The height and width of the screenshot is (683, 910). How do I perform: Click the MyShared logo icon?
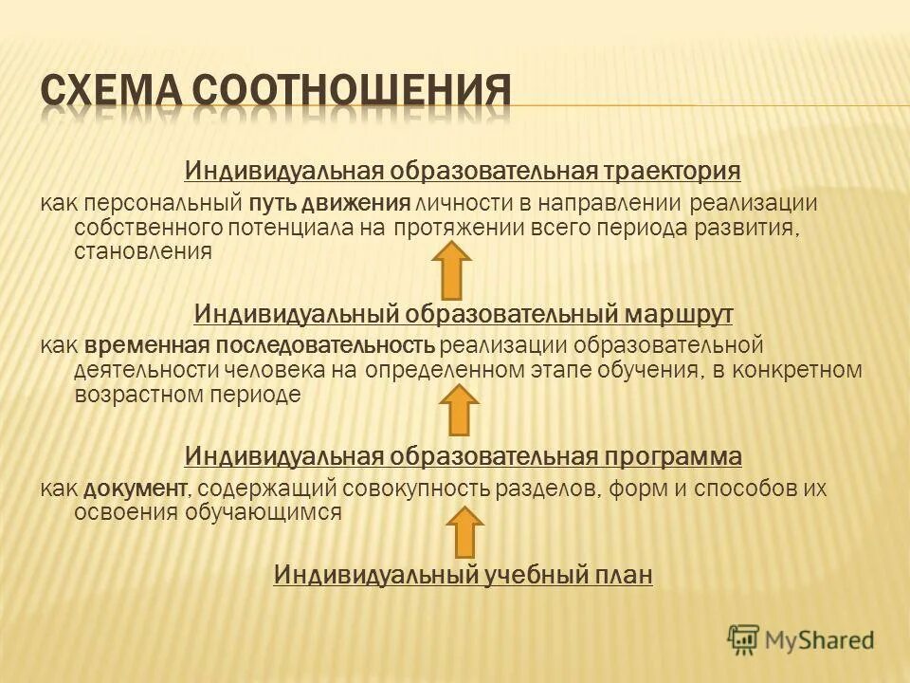click(744, 639)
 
